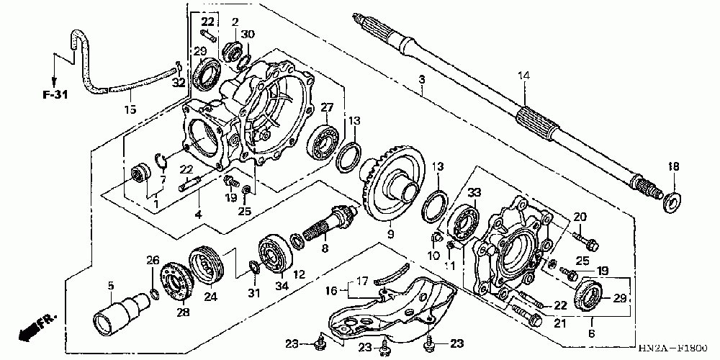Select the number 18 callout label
674,167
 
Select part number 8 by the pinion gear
325,248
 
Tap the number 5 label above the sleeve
111,286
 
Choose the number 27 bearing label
328,107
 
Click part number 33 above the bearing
474,192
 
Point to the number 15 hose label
130,110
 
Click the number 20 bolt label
581,216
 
